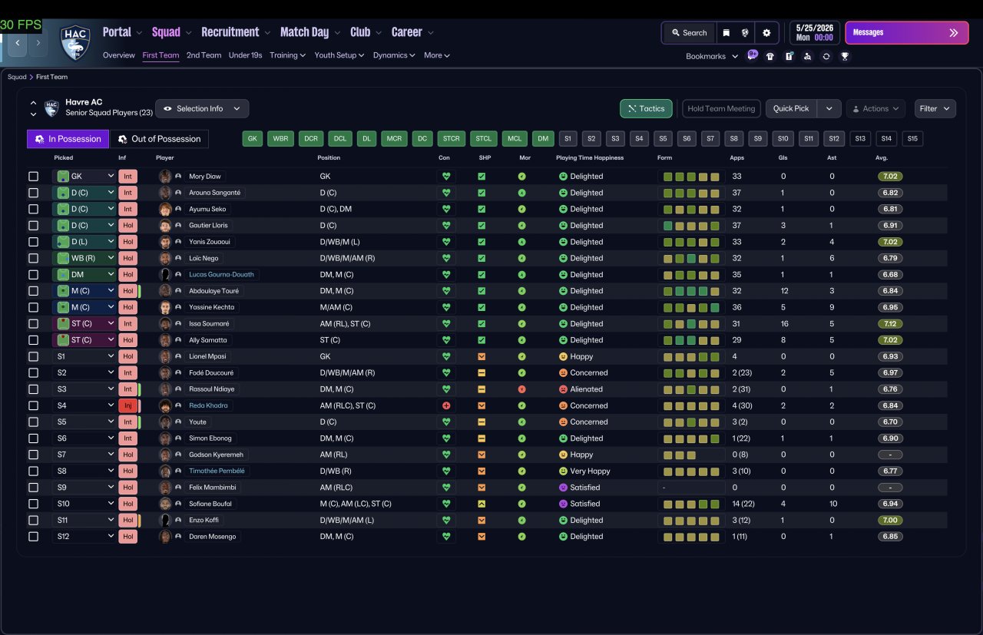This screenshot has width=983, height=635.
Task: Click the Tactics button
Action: pyautogui.click(x=646, y=108)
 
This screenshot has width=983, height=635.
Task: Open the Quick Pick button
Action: pyautogui.click(x=791, y=108)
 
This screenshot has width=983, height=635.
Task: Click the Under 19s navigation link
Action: pyautogui.click(x=245, y=55)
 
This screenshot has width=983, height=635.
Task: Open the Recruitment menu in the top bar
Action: pyautogui.click(x=230, y=32)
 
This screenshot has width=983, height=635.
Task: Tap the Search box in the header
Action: pyautogui.click(x=690, y=33)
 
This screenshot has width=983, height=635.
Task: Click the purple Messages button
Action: pyautogui.click(x=907, y=33)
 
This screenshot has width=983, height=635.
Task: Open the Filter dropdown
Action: pyautogui.click(x=935, y=108)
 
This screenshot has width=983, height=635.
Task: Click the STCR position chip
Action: pyautogui.click(x=451, y=139)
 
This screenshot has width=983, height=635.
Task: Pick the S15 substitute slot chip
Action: pyautogui.click(x=912, y=139)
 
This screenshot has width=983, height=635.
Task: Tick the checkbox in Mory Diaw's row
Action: pyautogui.click(x=33, y=177)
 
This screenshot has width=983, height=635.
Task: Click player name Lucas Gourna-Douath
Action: pyautogui.click(x=221, y=275)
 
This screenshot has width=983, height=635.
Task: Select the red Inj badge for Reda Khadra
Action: pyautogui.click(x=127, y=405)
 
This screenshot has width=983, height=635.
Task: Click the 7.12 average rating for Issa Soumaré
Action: pyautogui.click(x=890, y=324)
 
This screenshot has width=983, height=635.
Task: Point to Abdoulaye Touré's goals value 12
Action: pyautogui.click(x=784, y=291)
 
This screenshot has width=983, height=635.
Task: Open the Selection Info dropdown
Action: pyautogui.click(x=202, y=108)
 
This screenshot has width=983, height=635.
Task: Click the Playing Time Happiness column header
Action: pyautogui.click(x=589, y=157)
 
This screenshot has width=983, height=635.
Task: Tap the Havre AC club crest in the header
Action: pyautogui.click(x=75, y=42)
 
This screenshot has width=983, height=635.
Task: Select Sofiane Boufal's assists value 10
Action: pyautogui.click(x=833, y=504)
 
